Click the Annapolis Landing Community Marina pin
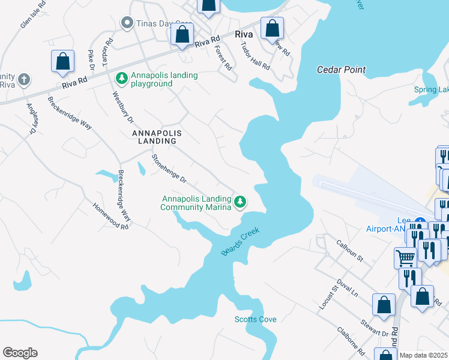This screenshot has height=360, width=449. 240,202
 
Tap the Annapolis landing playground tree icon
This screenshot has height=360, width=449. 121,78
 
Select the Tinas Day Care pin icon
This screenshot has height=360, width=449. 127,23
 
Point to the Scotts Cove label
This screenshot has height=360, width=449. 256,319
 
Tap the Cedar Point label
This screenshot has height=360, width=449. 342,70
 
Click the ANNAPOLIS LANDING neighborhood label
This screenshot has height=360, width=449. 150,136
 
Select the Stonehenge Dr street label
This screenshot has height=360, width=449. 169,169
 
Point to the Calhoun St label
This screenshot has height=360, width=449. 351,251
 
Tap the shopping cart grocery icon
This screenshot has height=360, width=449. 405,258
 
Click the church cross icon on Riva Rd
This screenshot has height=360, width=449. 24,79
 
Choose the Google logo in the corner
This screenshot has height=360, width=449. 20,353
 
